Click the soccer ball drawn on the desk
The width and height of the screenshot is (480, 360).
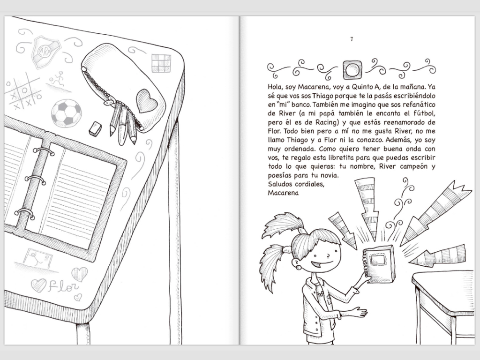point(67,112)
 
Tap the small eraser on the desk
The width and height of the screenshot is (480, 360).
point(95,128)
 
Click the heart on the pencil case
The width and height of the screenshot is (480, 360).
point(146,100)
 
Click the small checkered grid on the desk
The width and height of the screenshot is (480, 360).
point(161,63)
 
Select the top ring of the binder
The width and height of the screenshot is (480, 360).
point(44,151)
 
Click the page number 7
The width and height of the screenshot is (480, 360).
point(352,39)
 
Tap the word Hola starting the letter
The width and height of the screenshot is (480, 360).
point(275,87)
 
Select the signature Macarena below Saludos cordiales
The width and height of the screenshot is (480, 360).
point(283,193)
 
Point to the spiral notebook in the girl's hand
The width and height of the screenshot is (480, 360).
point(378,264)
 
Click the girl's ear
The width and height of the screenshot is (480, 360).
point(296,263)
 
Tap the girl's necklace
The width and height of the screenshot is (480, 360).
point(320,293)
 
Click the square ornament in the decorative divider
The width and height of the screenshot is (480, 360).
point(352,70)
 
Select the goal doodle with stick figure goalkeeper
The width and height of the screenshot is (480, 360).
point(37,258)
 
